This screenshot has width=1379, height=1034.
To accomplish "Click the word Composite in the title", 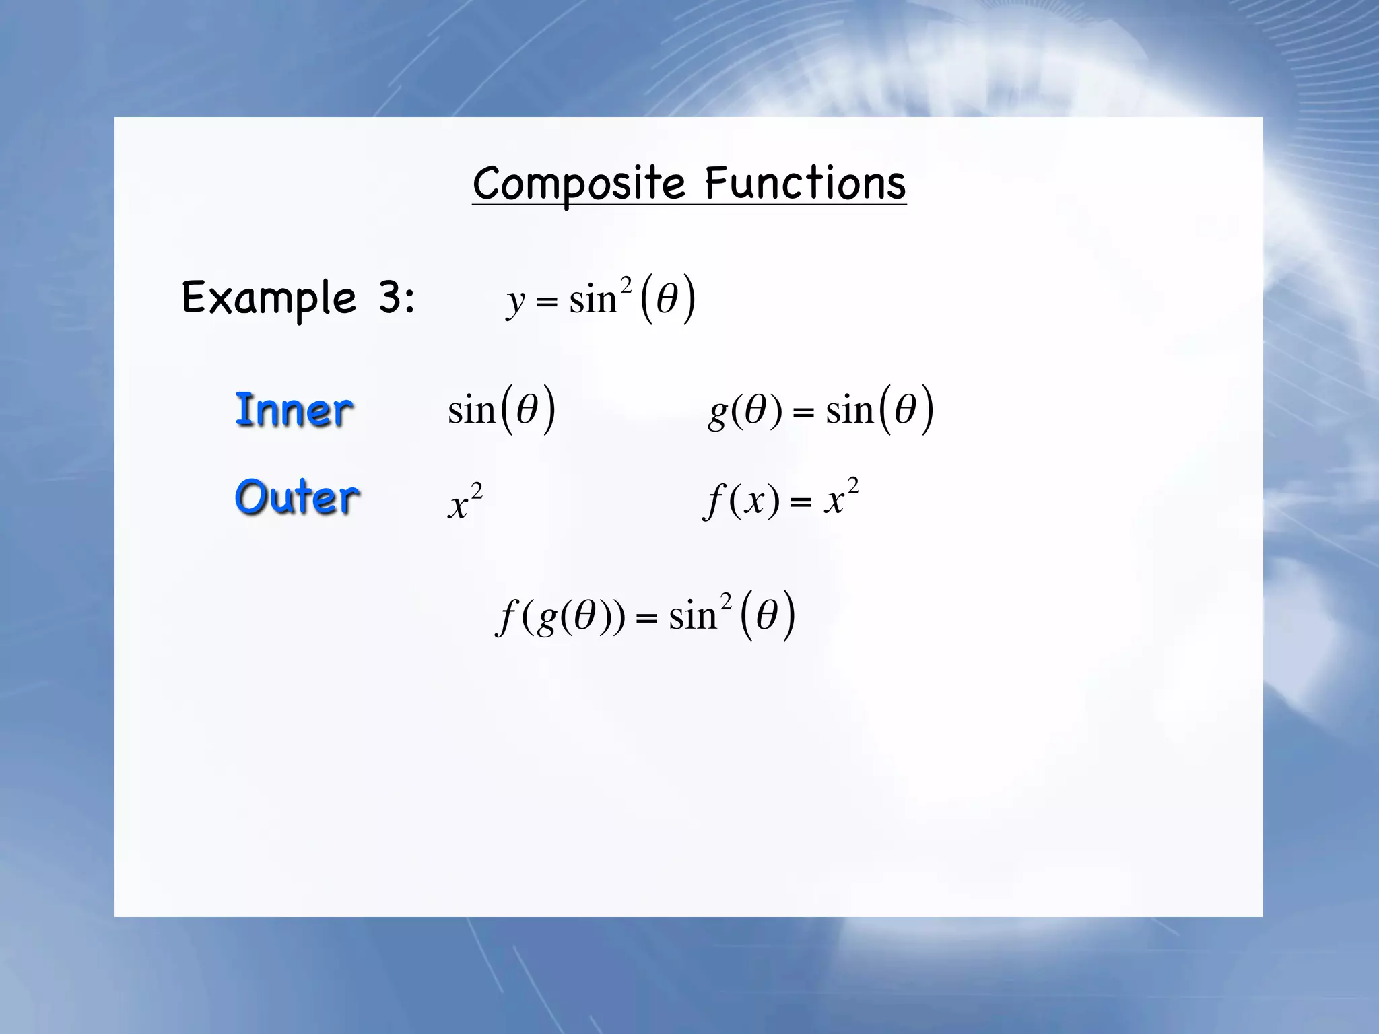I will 578,183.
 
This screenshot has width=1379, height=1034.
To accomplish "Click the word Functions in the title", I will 805,183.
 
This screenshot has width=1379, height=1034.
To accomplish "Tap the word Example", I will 269,298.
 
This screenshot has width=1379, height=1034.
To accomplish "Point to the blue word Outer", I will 296,497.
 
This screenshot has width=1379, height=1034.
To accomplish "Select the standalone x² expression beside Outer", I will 465,502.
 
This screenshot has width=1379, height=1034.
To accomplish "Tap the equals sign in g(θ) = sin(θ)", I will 803,411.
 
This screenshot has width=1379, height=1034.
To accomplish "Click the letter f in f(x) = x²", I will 713,502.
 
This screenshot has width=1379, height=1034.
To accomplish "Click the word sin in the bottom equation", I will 692,616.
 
